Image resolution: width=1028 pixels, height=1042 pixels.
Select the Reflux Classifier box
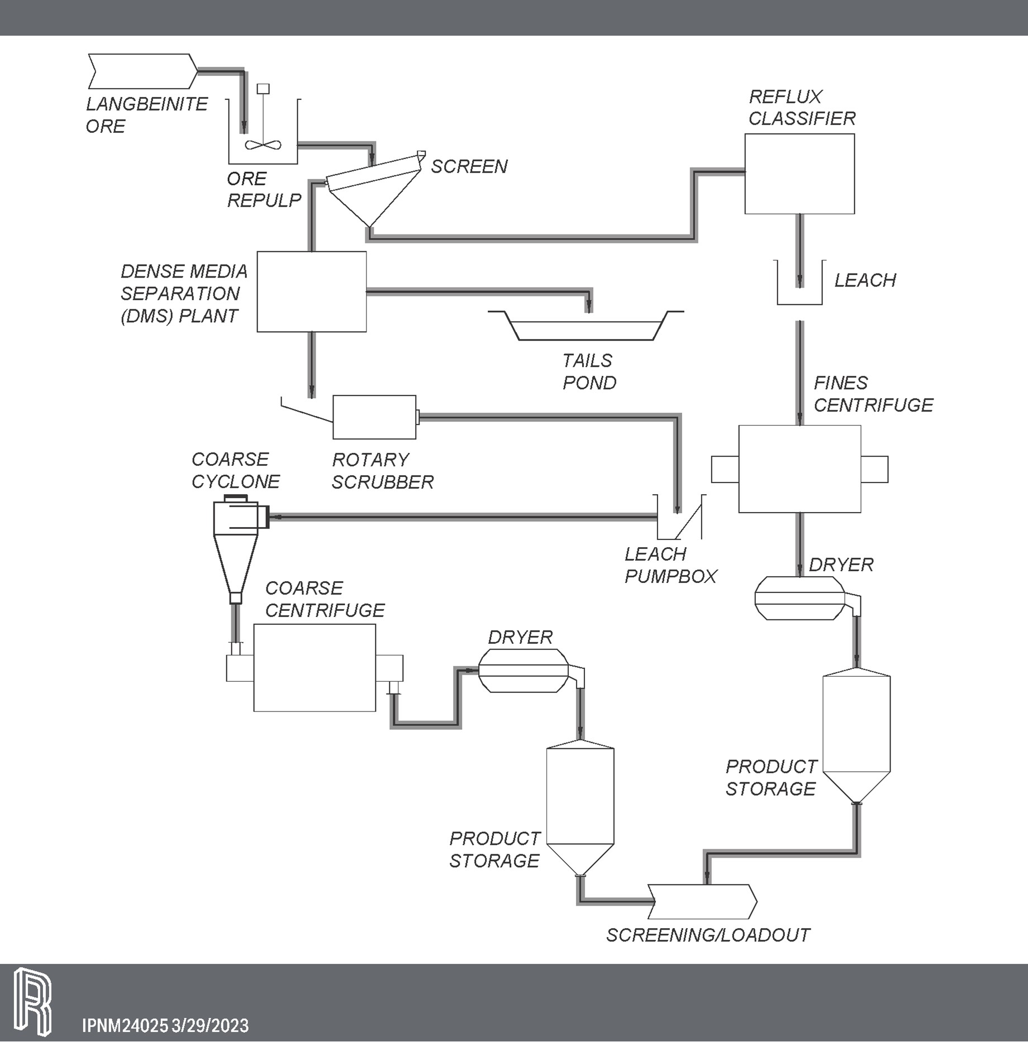click(799, 174)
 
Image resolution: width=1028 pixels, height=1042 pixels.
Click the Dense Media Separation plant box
click(311, 291)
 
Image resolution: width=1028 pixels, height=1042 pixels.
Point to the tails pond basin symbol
click(585, 329)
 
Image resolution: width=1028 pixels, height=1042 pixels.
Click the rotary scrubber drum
click(374, 417)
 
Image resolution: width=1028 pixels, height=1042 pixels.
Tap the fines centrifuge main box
click(799, 469)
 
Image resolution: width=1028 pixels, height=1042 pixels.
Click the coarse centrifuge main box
click(315, 668)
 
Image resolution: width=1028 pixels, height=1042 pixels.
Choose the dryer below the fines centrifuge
click(799, 598)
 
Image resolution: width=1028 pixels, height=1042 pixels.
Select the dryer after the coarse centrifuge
click(523, 671)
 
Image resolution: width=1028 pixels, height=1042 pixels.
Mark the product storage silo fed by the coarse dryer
click(580, 804)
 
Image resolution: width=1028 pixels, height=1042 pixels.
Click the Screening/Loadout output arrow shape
click(702, 902)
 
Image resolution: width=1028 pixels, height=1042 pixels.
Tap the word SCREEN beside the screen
click(469, 166)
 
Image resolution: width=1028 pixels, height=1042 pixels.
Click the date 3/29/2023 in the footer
click(210, 1025)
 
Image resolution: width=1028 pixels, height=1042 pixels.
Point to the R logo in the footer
click(32, 1001)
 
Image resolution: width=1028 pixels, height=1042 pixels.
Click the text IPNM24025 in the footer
click(125, 1025)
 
